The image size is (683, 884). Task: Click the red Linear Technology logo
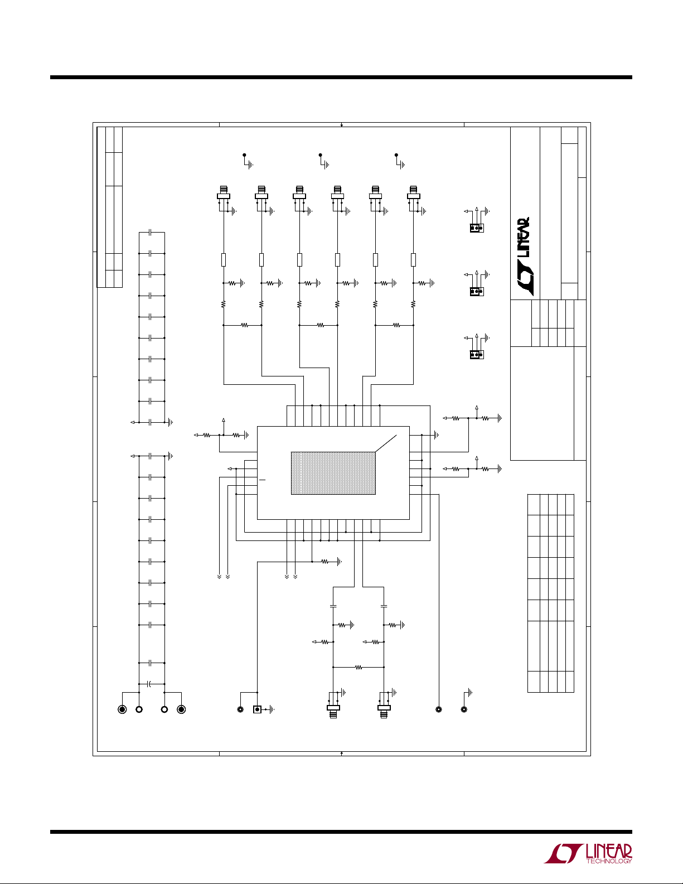588,853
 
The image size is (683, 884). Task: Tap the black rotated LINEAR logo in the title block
523,257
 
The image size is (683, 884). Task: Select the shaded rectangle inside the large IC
333,473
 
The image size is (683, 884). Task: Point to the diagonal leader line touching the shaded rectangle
386,443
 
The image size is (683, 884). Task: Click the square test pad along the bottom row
257,709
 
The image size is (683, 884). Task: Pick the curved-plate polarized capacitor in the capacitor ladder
149,684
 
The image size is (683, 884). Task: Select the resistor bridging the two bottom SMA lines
358,667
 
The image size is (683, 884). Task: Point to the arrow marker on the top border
341,125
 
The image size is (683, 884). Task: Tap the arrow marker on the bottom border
341,753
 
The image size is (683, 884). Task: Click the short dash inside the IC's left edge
262,480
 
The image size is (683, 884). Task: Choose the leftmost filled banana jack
122,709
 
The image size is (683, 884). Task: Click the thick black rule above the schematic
341,78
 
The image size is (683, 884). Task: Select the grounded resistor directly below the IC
324,562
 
